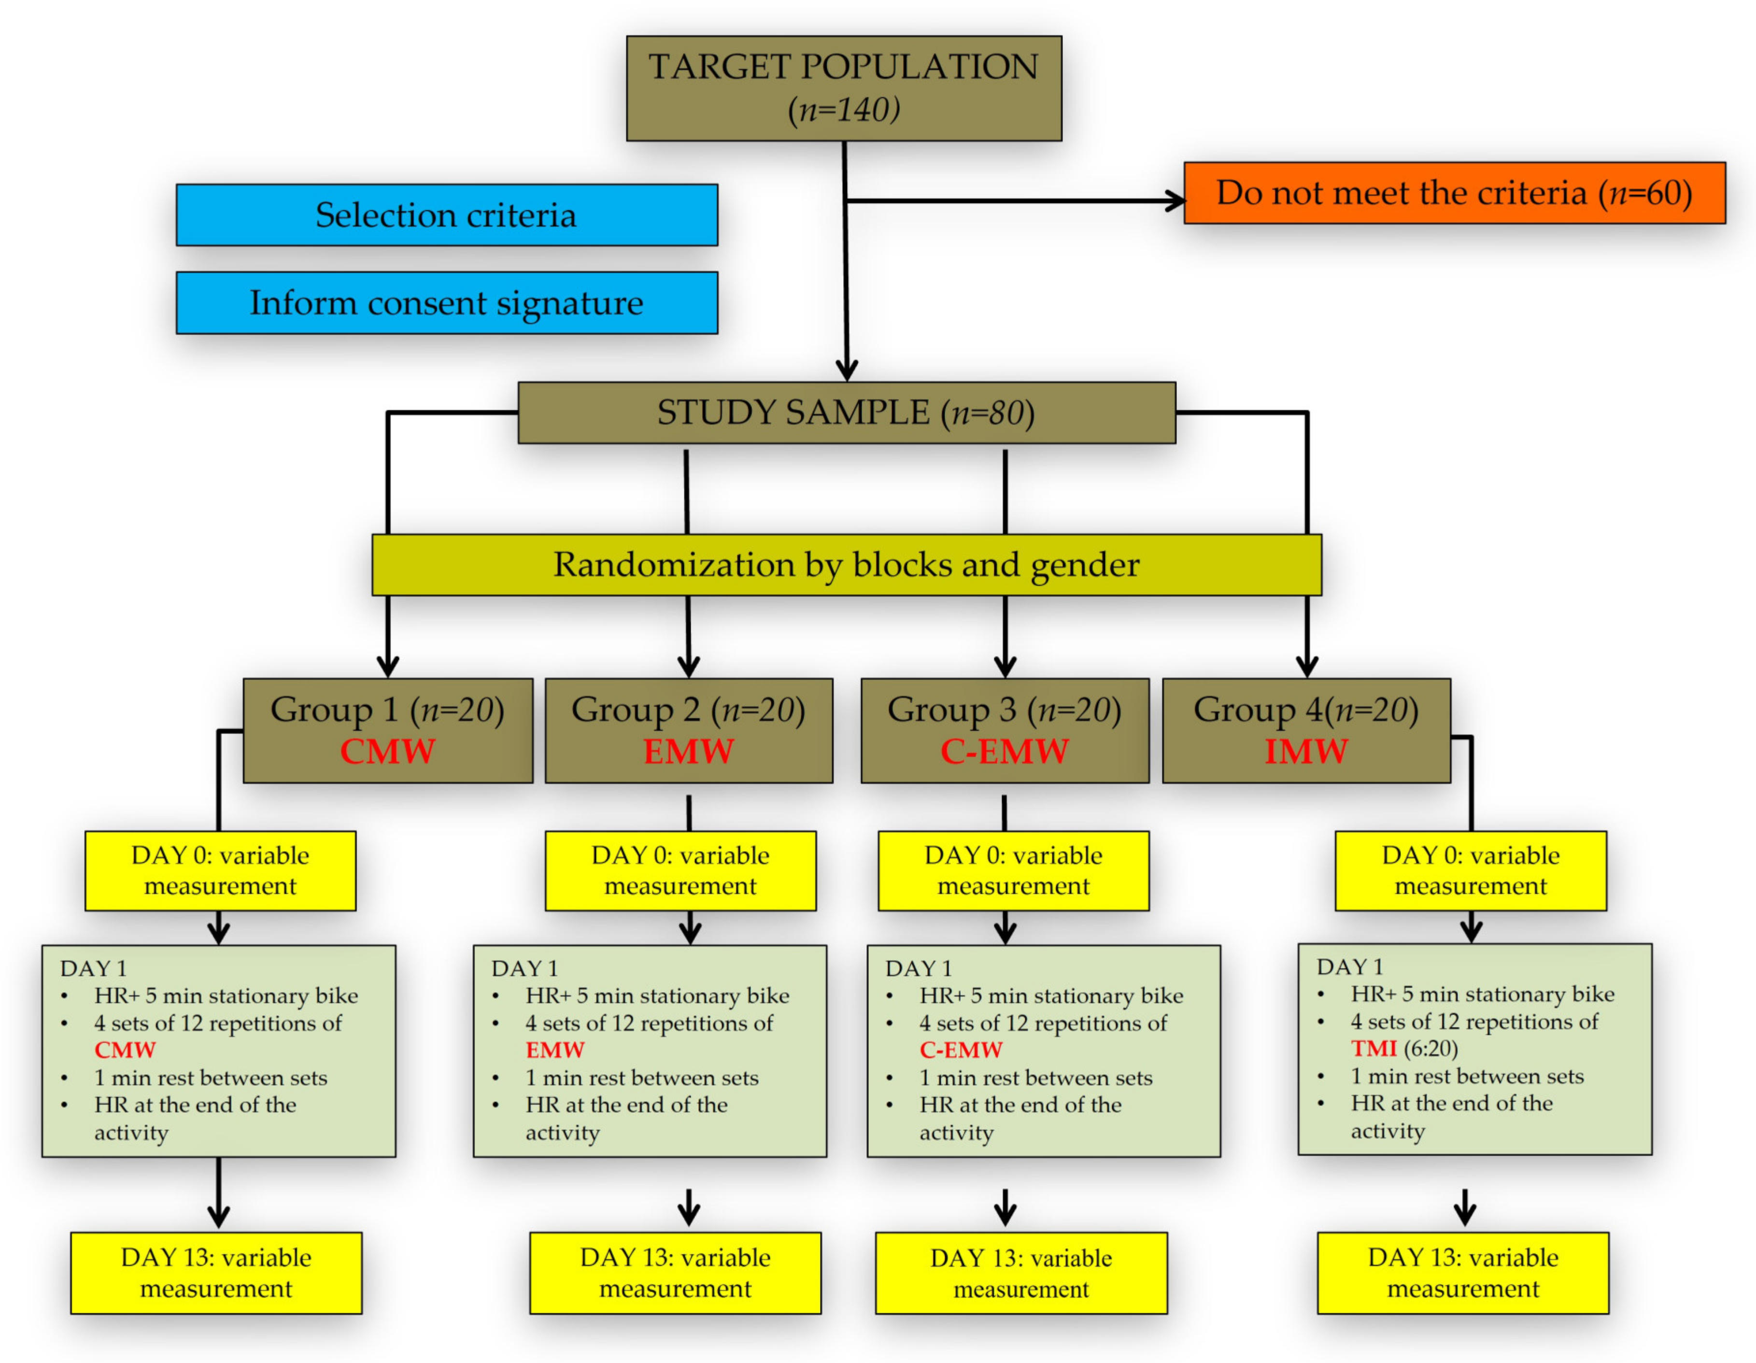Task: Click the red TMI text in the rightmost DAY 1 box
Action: coord(1374,1049)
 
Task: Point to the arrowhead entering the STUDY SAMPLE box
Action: coord(847,370)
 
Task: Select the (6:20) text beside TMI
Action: coord(1431,1049)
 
